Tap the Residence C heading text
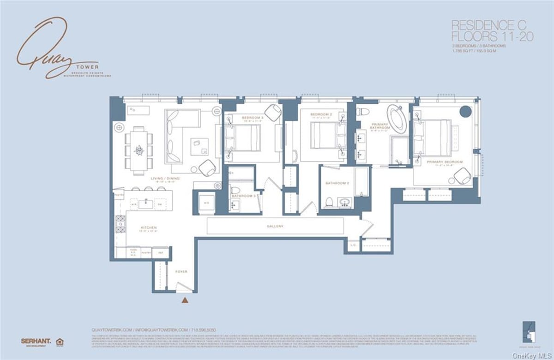[x=492, y=24]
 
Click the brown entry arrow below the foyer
[x=185, y=301]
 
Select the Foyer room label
[x=181, y=272]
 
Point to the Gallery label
[x=275, y=226]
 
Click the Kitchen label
[x=149, y=228]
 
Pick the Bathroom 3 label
[x=244, y=196]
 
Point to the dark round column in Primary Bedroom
[x=465, y=112]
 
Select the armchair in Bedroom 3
[x=273, y=113]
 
